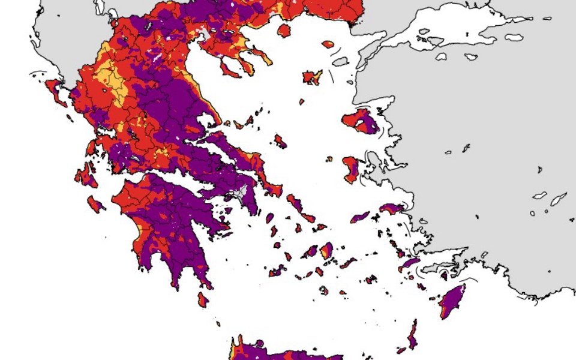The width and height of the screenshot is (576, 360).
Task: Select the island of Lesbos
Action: [x=362, y=120]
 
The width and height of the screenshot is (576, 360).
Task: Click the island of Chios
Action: [x=351, y=169]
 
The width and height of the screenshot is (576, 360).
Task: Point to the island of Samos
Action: [x=393, y=208]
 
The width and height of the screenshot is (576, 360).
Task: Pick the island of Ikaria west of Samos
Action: [x=361, y=217]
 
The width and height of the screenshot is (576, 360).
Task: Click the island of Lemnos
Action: [x=313, y=77]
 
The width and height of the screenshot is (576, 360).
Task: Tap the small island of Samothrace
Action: [x=328, y=44]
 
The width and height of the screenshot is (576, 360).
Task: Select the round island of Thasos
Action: [x=284, y=30]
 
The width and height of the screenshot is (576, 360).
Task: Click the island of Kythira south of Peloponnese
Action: [x=203, y=299]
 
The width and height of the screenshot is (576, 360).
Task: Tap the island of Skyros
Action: [x=280, y=142]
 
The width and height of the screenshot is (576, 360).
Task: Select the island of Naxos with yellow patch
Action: [x=326, y=250]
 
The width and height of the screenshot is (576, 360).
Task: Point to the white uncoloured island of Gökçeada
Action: [x=341, y=61]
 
